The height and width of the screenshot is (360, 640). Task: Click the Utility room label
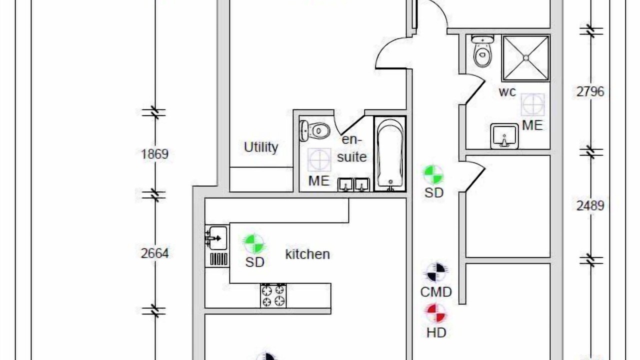(x=261, y=147)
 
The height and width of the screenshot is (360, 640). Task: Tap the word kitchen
(x=307, y=254)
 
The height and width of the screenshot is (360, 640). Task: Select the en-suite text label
(x=351, y=148)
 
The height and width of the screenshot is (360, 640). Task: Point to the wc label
(x=507, y=92)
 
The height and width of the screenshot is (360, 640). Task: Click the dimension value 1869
(x=155, y=154)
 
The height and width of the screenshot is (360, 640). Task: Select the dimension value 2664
(x=155, y=253)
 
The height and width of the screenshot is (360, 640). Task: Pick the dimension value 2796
(x=590, y=91)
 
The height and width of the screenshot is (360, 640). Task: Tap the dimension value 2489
(x=590, y=205)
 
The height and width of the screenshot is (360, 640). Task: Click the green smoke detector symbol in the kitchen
(x=254, y=244)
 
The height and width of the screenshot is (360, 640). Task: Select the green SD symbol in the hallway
(x=433, y=174)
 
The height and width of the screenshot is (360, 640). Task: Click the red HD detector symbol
(x=436, y=313)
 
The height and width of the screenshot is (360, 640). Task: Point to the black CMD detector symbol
(x=436, y=272)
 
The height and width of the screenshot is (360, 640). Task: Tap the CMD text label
(x=436, y=292)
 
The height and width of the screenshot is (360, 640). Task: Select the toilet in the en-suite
(x=314, y=131)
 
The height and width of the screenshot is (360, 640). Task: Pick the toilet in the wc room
(x=482, y=51)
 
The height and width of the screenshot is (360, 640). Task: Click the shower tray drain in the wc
(x=526, y=58)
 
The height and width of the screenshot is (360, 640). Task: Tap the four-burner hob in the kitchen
(x=273, y=296)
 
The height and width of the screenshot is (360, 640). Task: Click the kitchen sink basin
(x=217, y=237)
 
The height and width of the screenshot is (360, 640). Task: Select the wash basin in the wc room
(x=504, y=136)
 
